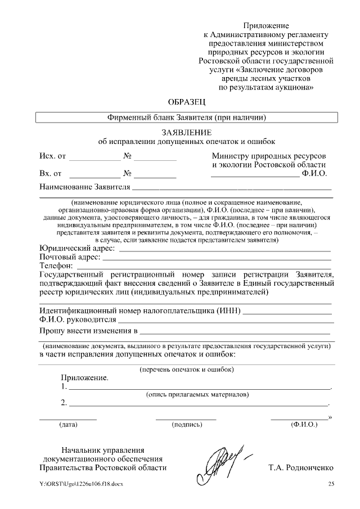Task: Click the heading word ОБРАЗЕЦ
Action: coord(187,102)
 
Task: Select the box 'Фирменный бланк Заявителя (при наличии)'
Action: coord(186,118)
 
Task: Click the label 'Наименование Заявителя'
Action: coord(85,187)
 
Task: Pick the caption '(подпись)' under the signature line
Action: coord(186,424)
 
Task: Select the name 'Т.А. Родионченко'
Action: coord(301,467)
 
